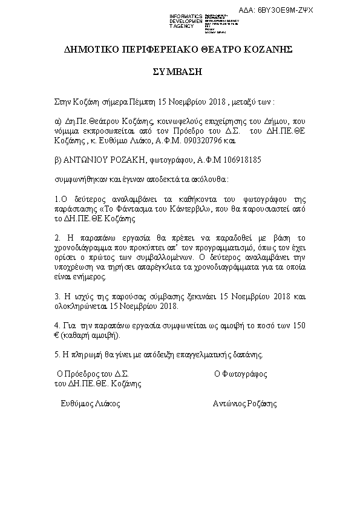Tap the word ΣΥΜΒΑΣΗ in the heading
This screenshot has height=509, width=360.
(x=179, y=71)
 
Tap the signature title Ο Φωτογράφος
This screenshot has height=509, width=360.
(x=240, y=374)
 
